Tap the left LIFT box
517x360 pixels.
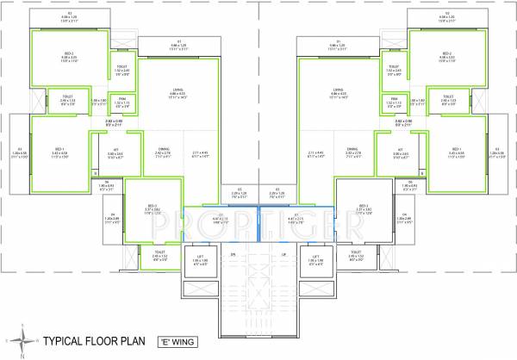pos(201,259)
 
